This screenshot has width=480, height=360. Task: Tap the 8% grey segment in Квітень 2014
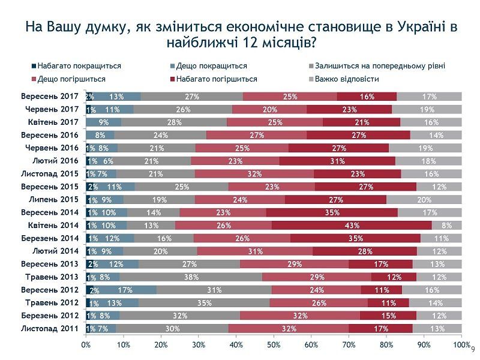(x=446, y=226)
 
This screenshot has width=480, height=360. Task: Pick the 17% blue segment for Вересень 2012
(x=125, y=290)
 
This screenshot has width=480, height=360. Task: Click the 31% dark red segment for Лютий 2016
(x=337, y=161)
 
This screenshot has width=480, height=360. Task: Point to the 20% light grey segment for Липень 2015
(x=424, y=200)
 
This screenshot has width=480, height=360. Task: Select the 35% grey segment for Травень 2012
(x=203, y=303)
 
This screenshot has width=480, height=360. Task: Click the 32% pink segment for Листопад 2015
(x=254, y=174)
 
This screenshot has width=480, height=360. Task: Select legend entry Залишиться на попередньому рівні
(x=377, y=67)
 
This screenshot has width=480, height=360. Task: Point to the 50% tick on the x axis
(x=274, y=345)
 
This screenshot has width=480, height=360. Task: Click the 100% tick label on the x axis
(x=461, y=345)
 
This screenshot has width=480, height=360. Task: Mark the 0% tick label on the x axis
(x=86, y=345)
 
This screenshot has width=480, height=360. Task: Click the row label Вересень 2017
(x=50, y=96)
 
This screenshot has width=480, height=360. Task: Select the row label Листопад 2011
(x=50, y=329)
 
